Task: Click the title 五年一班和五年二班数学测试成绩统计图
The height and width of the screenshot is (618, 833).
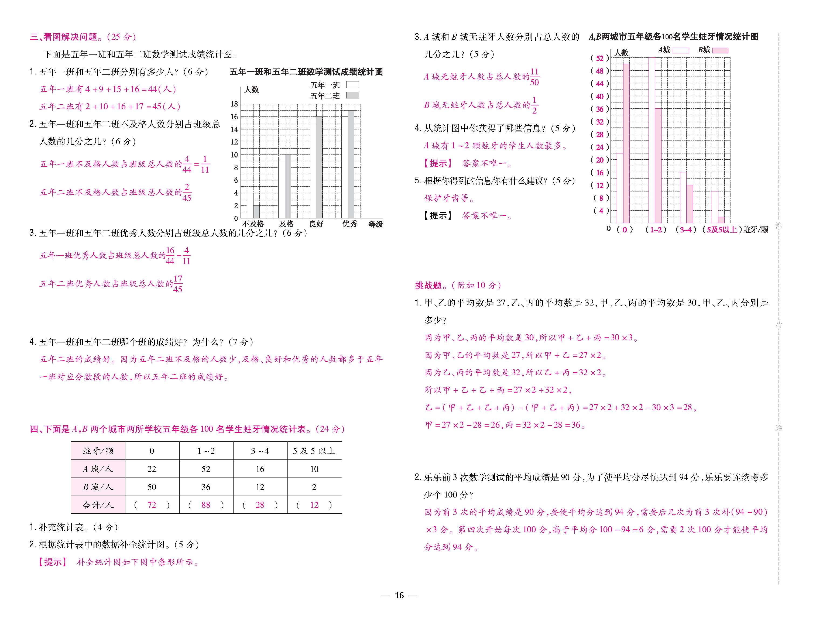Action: [306, 72]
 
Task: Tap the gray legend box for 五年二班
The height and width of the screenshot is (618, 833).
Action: [352, 95]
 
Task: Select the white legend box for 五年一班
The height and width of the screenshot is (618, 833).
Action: [352, 85]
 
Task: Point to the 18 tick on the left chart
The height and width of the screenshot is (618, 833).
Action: [234, 104]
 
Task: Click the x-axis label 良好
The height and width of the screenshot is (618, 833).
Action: [316, 224]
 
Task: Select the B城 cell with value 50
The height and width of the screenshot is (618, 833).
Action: [152, 487]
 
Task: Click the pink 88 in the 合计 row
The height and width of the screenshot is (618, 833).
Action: [206, 505]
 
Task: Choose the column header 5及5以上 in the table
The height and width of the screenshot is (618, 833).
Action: [314, 451]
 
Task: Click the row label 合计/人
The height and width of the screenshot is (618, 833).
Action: [98, 505]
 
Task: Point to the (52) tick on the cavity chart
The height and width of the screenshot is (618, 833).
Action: [599, 58]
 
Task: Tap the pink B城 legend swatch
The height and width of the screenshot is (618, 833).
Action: [720, 50]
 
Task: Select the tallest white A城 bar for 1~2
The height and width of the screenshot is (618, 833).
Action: [652, 140]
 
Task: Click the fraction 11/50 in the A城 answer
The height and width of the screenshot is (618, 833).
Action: [534, 77]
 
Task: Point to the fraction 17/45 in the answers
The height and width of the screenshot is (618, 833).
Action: [178, 284]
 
